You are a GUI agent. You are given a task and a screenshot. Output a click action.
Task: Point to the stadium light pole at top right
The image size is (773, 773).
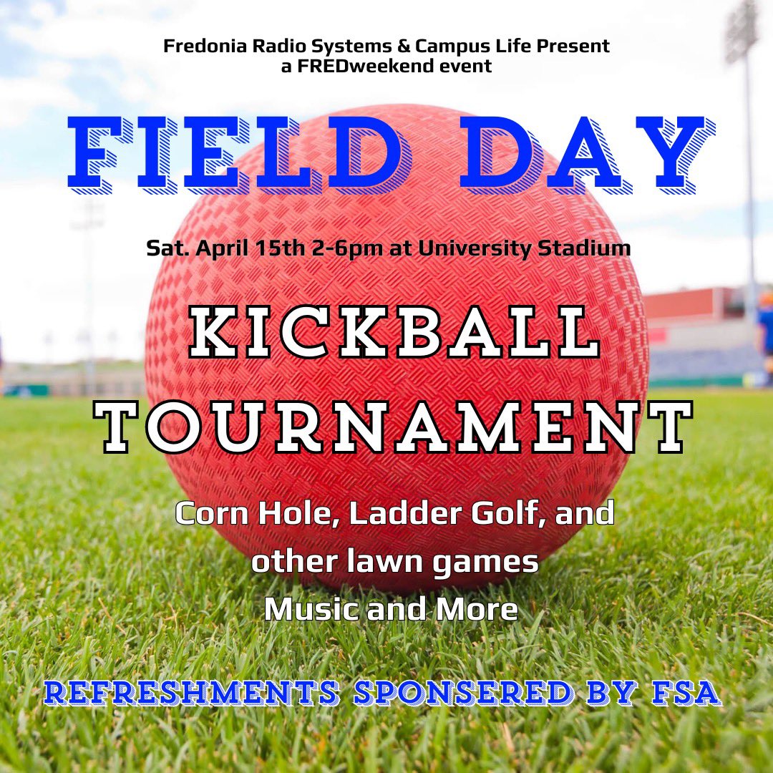pyautogui.click(x=749, y=143)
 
